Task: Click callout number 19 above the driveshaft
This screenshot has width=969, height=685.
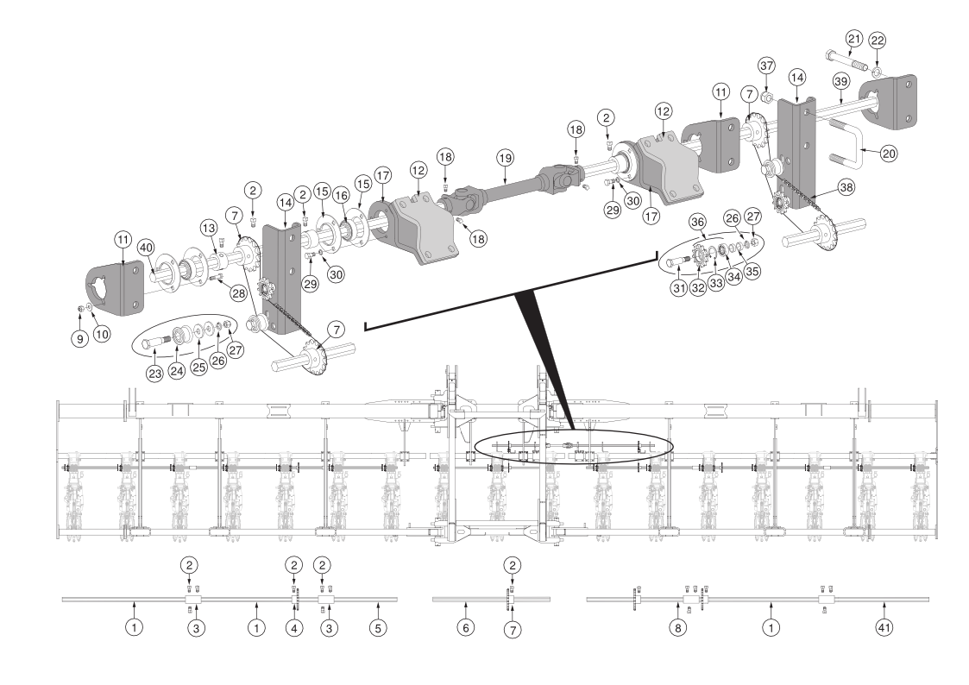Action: click(x=505, y=158)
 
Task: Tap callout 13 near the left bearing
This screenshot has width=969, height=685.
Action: click(x=209, y=228)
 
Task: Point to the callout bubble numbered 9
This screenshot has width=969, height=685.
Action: click(x=79, y=338)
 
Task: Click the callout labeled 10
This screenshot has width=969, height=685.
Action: click(x=102, y=334)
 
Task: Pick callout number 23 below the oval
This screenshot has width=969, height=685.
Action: click(x=154, y=373)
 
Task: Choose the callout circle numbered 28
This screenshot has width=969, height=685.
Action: click(x=239, y=293)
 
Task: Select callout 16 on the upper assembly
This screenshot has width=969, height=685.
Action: click(x=341, y=196)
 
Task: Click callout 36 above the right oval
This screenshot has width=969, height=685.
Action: click(x=698, y=222)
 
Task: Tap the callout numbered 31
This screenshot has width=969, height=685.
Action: click(x=679, y=288)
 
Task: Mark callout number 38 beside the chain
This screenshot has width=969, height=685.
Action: click(x=846, y=187)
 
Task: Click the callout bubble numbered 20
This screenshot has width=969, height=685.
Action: click(x=888, y=153)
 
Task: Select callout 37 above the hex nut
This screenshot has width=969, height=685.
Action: click(x=766, y=66)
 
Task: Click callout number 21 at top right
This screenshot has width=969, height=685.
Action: click(x=853, y=39)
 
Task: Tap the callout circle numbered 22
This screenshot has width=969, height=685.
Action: click(x=877, y=41)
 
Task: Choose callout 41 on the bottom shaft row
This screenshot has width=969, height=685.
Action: click(x=884, y=627)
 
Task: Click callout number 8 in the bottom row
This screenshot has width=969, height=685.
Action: click(x=678, y=627)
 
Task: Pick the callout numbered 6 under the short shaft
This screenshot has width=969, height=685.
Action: click(x=465, y=627)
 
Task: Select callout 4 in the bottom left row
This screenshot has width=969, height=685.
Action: click(x=294, y=628)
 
